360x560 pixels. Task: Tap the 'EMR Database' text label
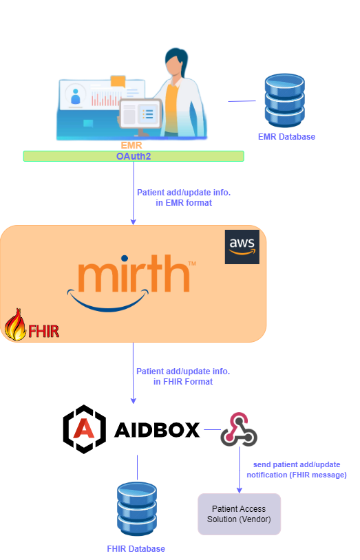click(x=286, y=137)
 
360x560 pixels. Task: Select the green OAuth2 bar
click(x=134, y=156)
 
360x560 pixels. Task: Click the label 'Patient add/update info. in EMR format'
click(x=184, y=197)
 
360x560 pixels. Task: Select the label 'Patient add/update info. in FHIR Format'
click(x=183, y=376)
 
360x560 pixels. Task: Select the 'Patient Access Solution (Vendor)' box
click(x=239, y=514)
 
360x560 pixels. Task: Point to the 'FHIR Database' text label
click(x=136, y=548)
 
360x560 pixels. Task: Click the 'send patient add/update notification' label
click(x=297, y=470)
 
